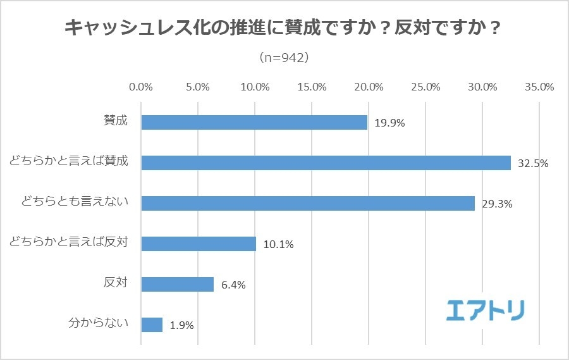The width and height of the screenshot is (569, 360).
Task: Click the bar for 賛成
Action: [x=254, y=122]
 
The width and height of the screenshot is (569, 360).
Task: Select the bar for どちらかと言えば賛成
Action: [x=326, y=163]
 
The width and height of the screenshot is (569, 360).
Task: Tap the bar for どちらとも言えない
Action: [x=308, y=203]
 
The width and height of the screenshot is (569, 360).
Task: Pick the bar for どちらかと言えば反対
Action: [x=199, y=244]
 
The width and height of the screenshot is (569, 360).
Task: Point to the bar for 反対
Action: [x=178, y=284]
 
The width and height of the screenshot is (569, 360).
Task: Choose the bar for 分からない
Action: [x=152, y=325]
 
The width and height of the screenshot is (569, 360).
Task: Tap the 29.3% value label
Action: [x=497, y=204]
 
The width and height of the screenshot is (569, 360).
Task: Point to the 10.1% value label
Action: [x=278, y=244]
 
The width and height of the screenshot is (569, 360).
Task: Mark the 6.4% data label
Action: [x=233, y=285]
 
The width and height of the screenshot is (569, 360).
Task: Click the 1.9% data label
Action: [x=181, y=326]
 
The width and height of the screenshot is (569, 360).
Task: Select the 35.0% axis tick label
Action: [x=539, y=87]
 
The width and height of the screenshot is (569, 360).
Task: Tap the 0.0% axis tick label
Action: [x=141, y=87]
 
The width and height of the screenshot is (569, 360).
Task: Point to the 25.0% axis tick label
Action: [x=425, y=87]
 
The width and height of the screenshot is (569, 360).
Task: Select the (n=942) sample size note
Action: [x=284, y=58]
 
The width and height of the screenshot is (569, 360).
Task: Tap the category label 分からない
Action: [x=98, y=324]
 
